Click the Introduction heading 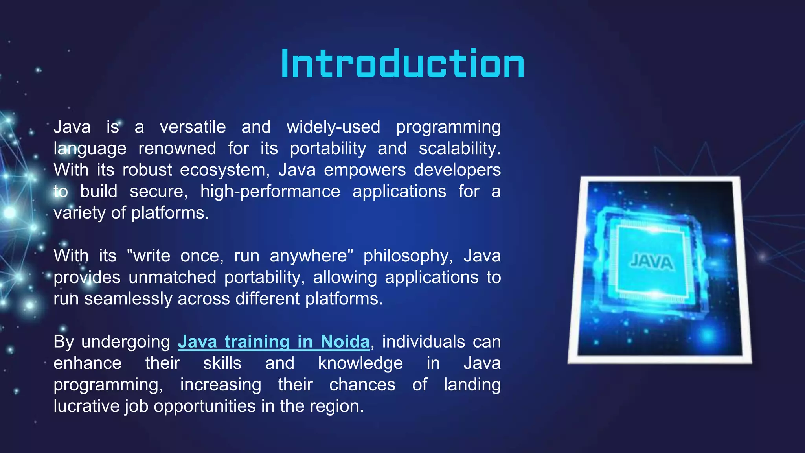(x=402, y=64)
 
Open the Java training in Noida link (x=274, y=341)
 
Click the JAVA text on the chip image (x=652, y=262)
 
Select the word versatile (x=193, y=127)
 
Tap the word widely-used (x=333, y=127)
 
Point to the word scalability (x=459, y=149)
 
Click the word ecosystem (x=224, y=170)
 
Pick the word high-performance (x=270, y=192)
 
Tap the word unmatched (x=172, y=277)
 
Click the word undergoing (x=125, y=342)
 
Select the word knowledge (x=360, y=363)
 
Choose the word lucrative (x=86, y=406)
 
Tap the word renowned (x=177, y=149)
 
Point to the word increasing (x=221, y=385)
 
